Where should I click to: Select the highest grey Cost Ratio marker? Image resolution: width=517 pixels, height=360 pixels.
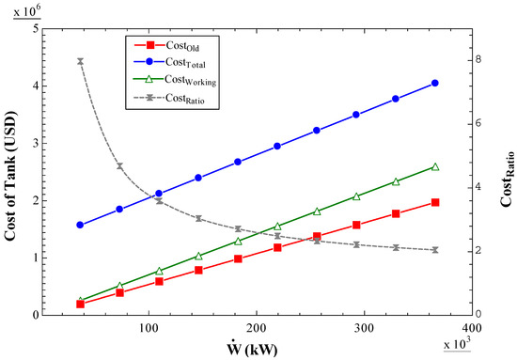81,61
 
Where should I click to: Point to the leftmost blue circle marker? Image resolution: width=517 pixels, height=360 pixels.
81,225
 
